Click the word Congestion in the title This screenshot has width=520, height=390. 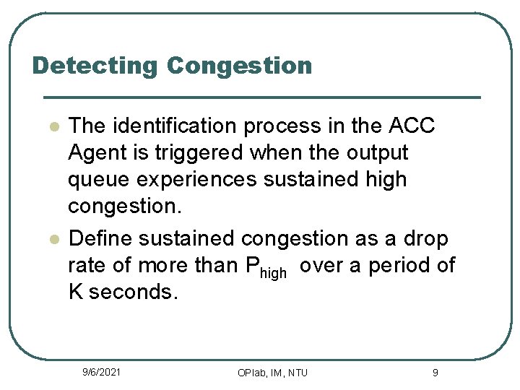point(239,66)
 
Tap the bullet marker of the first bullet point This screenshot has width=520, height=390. point(53,126)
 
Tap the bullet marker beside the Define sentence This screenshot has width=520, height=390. point(53,239)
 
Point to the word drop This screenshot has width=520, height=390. point(425,238)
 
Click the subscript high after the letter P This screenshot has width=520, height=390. point(273,272)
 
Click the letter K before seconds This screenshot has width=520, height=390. point(76,293)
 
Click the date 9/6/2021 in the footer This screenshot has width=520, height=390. point(101,372)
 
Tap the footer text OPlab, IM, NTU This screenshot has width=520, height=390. point(272,373)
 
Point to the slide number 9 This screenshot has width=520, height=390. point(435,373)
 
